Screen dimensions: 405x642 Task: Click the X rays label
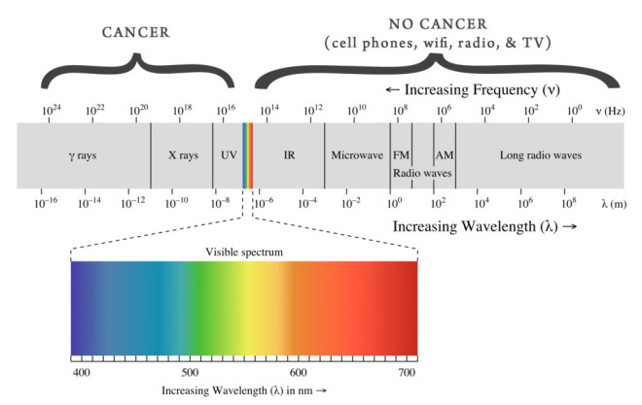tap(181, 154)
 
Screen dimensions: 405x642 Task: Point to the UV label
tap(229, 154)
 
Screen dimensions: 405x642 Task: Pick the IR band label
tap(289, 154)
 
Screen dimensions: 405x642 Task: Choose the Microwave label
tap(356, 154)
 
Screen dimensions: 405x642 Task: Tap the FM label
tap(401, 154)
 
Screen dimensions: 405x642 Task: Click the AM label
tap(445, 154)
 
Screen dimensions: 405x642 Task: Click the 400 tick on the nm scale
tap(82, 372)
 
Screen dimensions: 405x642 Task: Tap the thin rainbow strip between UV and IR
tap(248, 154)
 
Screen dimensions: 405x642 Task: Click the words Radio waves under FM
tap(423, 172)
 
